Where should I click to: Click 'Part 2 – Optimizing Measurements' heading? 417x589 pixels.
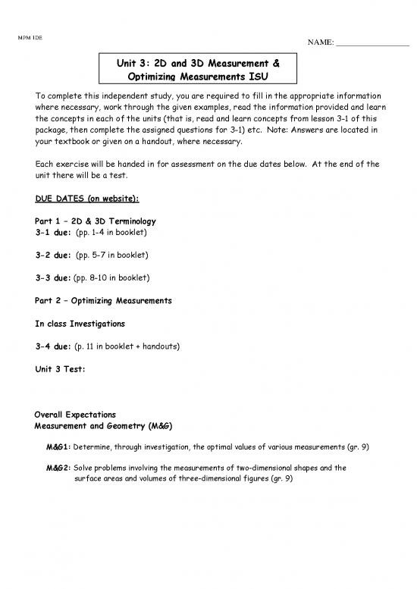[x=103, y=300]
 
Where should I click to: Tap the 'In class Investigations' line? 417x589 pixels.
[x=80, y=323]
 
